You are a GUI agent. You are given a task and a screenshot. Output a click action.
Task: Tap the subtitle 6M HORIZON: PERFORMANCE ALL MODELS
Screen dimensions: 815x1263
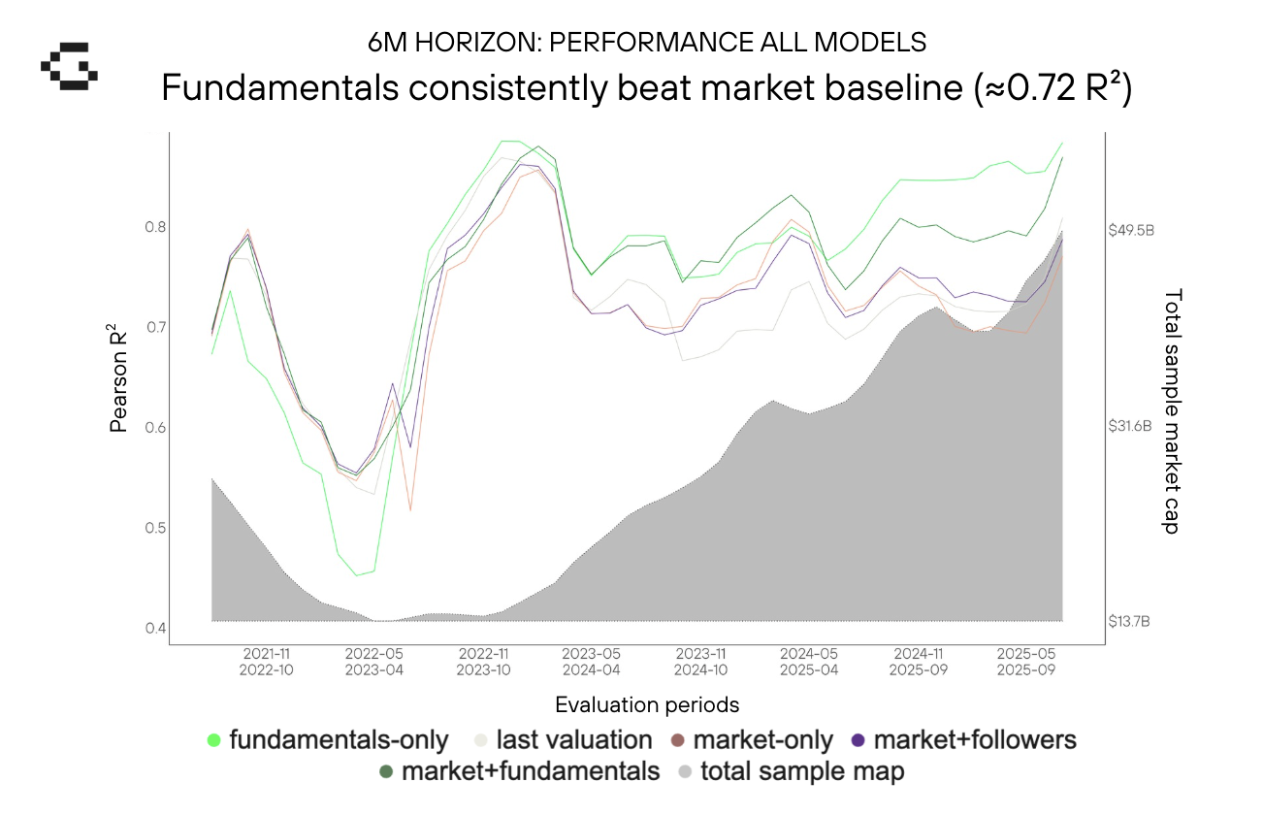(x=647, y=43)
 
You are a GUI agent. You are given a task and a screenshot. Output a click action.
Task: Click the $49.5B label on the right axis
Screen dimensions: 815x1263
(x=1131, y=230)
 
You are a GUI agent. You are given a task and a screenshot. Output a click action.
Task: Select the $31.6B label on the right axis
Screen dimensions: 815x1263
(x=1130, y=426)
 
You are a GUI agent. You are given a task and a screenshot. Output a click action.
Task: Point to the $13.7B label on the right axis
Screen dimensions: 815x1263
(x=1130, y=621)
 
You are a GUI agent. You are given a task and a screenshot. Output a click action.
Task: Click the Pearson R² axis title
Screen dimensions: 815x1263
(x=119, y=379)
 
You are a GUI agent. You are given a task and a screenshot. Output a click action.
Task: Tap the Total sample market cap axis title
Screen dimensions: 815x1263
(x=1172, y=410)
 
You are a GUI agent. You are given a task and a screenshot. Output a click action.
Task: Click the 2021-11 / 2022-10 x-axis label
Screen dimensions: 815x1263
(x=268, y=661)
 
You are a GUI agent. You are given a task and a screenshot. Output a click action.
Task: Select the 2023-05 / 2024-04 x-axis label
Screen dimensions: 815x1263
(x=593, y=661)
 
